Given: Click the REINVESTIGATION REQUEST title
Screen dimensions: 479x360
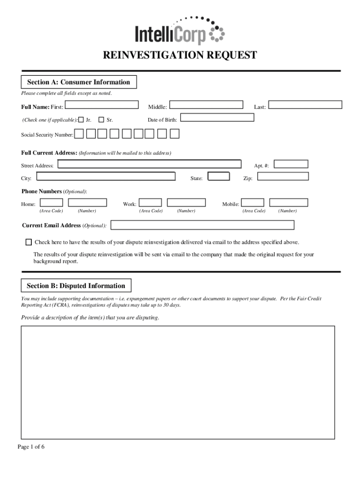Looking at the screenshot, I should click(180, 56).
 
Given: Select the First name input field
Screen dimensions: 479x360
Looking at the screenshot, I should click(101, 105).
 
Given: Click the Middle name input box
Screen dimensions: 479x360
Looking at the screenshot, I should click(206, 105).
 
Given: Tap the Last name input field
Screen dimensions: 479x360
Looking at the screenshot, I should click(305, 105).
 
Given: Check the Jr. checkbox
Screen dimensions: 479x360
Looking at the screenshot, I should click(81, 120).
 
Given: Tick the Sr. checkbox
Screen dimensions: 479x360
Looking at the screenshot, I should click(101, 120).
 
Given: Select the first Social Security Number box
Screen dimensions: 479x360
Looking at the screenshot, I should click(79, 134).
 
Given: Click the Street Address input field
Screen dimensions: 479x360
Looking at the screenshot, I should click(149, 164).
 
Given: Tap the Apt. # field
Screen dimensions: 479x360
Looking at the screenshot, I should click(291, 164).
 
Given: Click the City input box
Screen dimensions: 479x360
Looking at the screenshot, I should click(106, 176).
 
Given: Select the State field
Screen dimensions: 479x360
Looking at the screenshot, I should click(219, 176).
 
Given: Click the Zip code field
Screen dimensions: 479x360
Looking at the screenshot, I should click(283, 176).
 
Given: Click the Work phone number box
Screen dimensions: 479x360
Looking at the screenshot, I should click(186, 203).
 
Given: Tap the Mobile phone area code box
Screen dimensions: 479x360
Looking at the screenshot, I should click(252, 203).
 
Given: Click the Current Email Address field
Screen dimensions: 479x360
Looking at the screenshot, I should click(202, 225).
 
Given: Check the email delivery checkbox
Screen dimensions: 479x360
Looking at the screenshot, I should click(29, 242).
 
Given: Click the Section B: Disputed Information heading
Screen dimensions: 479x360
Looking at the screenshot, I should click(76, 286).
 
